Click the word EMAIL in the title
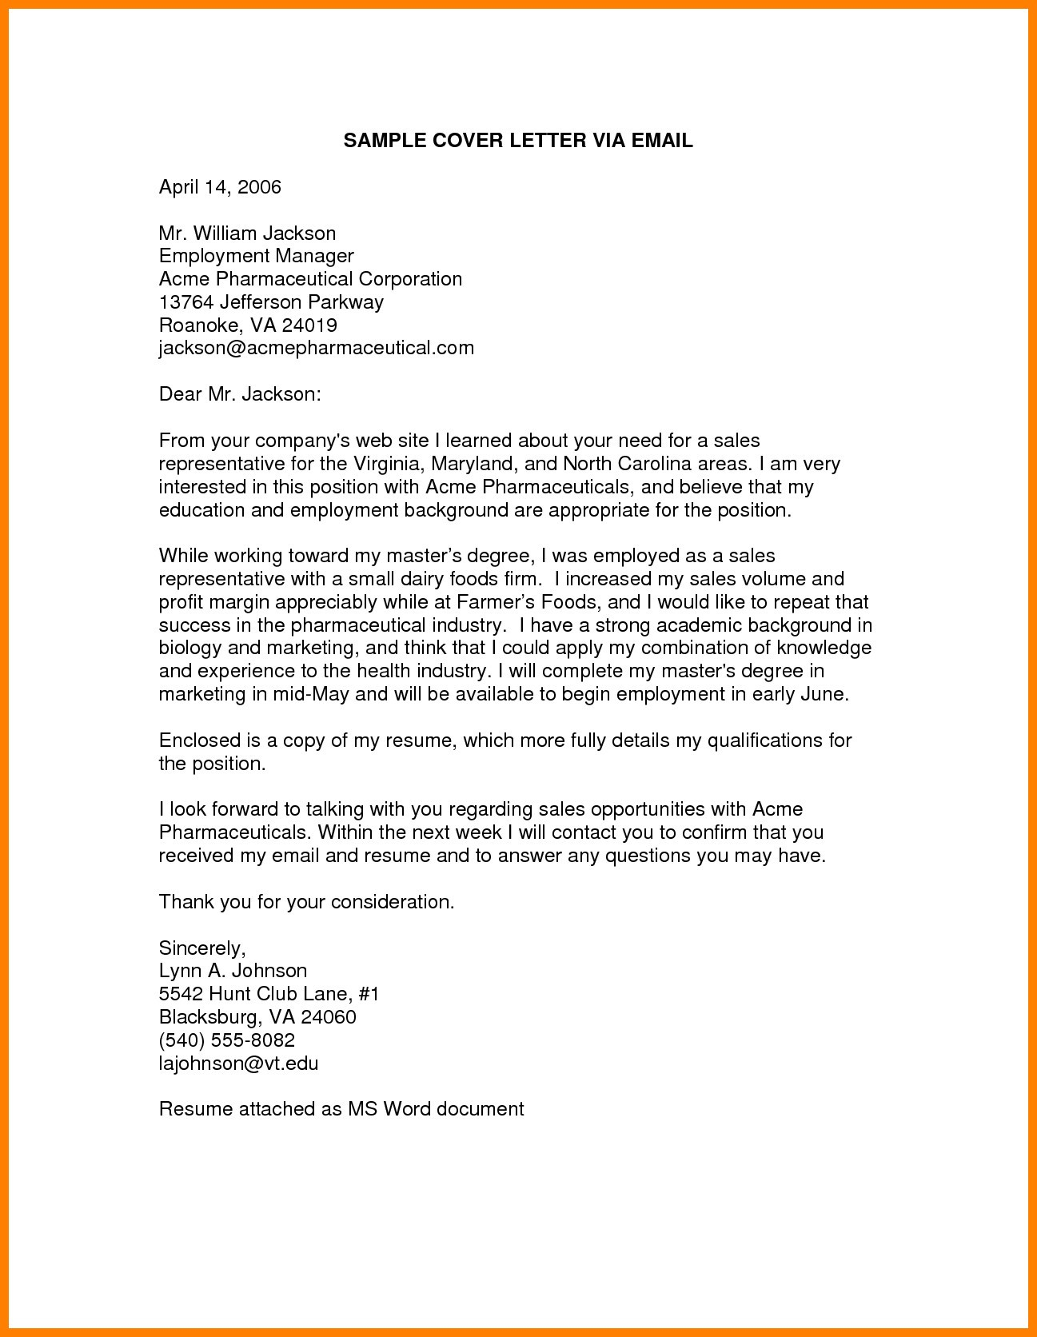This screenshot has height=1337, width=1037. [x=661, y=141]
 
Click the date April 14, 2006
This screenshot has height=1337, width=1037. [x=220, y=187]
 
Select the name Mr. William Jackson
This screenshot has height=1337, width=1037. [x=247, y=233]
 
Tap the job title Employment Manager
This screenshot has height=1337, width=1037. [x=256, y=256]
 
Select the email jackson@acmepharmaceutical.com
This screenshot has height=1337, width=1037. [x=316, y=348]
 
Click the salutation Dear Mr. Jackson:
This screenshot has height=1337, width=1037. [x=240, y=394]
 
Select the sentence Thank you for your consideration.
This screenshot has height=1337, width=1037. [x=306, y=902]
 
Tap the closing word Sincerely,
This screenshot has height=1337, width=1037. [x=202, y=948]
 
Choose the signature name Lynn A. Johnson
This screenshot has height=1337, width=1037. [x=233, y=971]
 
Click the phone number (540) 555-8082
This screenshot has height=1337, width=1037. [x=227, y=1040]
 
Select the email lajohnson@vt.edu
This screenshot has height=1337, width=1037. [x=238, y=1064]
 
